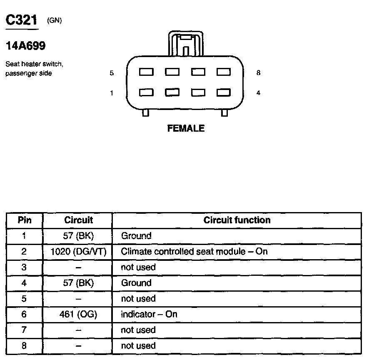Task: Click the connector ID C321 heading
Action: [21, 20]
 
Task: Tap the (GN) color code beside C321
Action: [55, 20]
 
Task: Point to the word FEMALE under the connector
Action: [186, 129]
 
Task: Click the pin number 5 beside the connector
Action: [112, 73]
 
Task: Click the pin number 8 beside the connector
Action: [259, 73]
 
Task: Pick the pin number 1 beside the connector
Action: [112, 93]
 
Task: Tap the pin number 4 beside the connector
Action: [259, 93]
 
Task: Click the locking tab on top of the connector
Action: [186, 44]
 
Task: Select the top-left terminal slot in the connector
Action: [146, 72]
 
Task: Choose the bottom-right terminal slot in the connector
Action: [224, 92]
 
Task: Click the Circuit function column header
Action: [237, 220]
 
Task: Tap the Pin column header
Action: [24, 220]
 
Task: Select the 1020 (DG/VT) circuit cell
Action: [78, 252]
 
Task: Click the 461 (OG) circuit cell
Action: [78, 314]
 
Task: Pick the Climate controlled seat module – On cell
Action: [194, 252]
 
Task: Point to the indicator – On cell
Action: [149, 314]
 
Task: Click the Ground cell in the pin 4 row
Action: [136, 283]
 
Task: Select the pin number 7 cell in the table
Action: [24, 330]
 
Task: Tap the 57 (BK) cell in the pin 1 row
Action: [78, 236]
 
